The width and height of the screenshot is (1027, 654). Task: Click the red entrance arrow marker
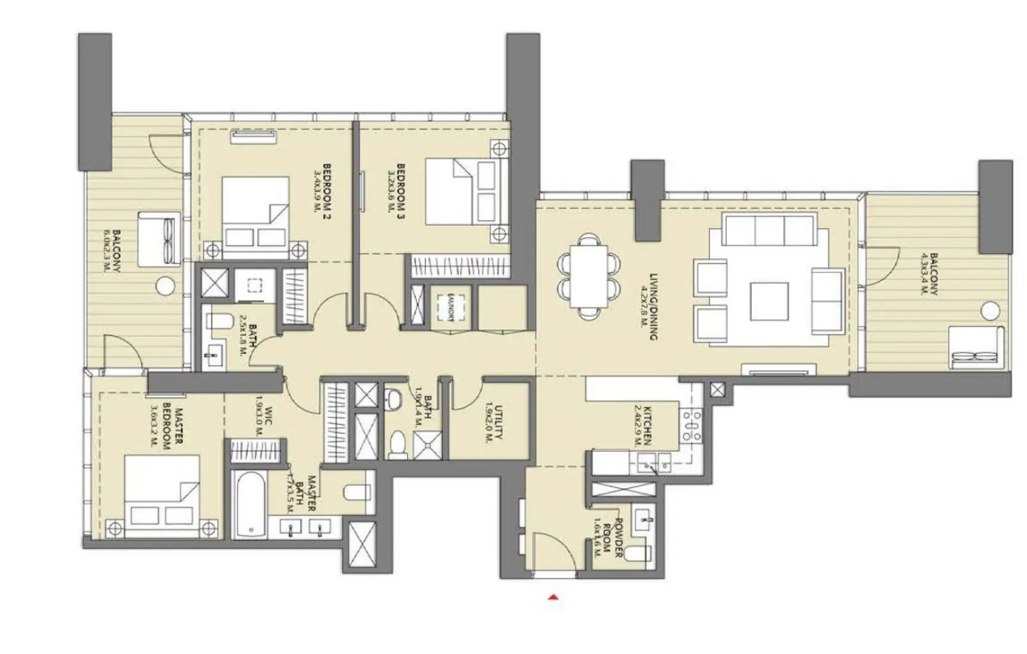click(x=553, y=598)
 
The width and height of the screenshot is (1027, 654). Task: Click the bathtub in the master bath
click(x=249, y=504)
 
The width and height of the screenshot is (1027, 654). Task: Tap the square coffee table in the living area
click(x=769, y=301)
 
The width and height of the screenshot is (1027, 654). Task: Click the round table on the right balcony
click(x=990, y=310)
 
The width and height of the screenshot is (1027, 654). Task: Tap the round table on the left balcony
click(x=165, y=286)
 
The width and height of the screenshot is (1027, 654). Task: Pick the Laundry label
click(x=452, y=307)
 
